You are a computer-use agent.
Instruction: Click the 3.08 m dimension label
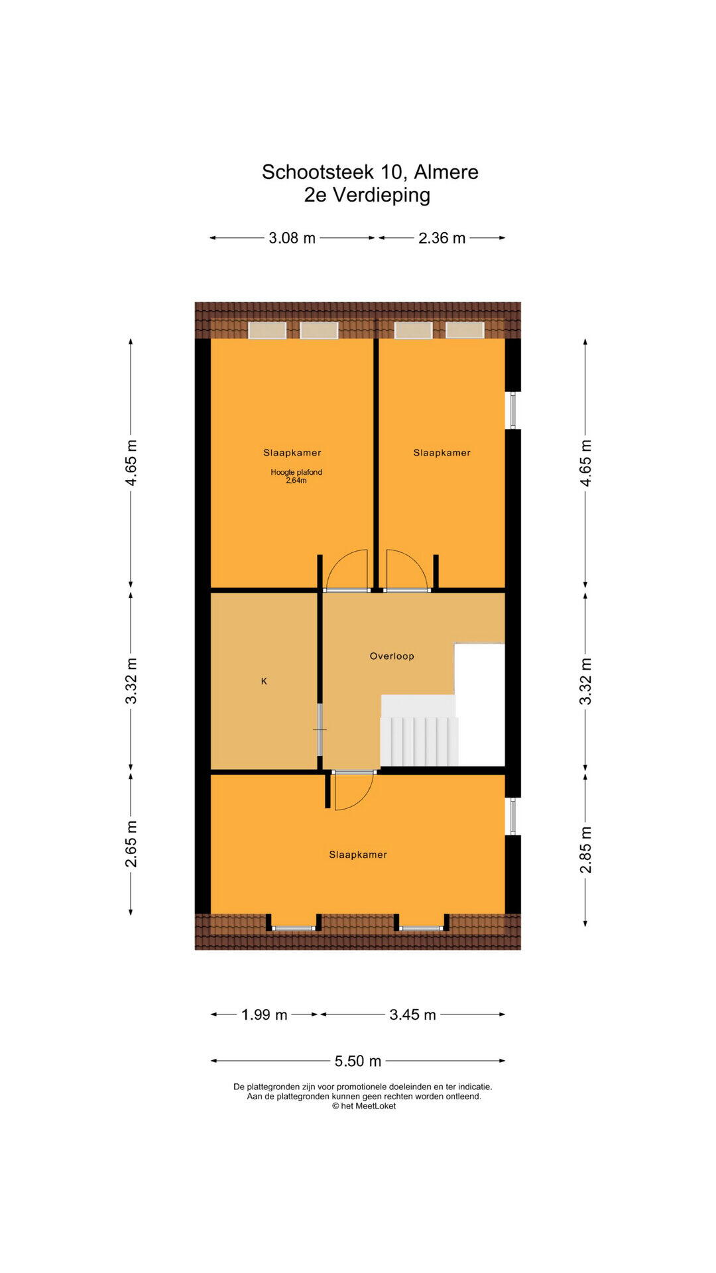point(292,238)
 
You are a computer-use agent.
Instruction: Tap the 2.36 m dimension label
point(442,238)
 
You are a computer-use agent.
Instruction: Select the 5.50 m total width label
point(358,1061)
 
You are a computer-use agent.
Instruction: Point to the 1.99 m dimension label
point(264,1014)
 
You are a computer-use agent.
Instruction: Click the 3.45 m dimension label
point(412,1014)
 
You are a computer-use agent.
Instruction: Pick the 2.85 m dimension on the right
point(585,849)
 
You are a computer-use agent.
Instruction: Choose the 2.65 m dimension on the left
point(131,843)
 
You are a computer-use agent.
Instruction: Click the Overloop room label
point(392,656)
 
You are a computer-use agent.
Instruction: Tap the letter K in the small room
point(264,681)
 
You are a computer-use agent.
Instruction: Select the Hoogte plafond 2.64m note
point(296,476)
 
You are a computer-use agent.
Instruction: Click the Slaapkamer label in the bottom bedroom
point(358,855)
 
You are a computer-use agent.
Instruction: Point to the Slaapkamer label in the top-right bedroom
point(442,453)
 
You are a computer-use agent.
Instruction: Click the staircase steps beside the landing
point(419,741)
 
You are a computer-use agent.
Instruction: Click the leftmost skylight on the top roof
point(267,330)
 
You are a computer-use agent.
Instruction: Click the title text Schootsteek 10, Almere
point(370,172)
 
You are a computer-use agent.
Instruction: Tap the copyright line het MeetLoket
point(364,1106)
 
